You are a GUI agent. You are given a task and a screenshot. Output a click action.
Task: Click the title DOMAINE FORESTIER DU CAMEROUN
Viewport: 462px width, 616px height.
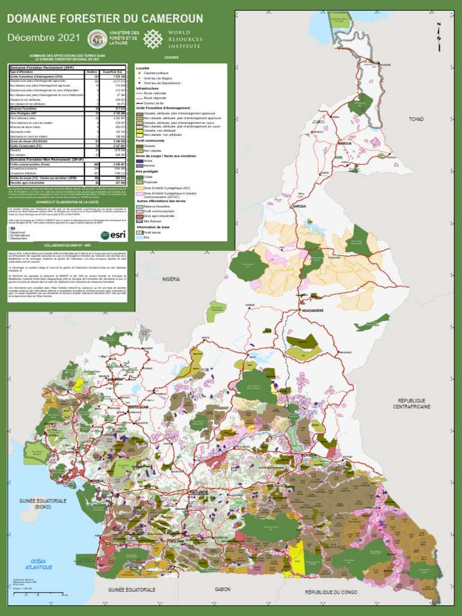coord(105,19)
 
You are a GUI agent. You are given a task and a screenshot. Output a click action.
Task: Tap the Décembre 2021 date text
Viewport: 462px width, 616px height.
coord(43,38)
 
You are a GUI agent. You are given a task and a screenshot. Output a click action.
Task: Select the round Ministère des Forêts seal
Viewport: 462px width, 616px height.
coord(97,39)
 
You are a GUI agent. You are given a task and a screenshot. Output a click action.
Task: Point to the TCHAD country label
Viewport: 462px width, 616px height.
coord(416,119)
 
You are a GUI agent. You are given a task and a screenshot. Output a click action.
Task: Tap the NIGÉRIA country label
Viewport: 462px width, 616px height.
coord(171,279)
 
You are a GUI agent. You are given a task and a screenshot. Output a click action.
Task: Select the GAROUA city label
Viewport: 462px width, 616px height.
coord(299,206)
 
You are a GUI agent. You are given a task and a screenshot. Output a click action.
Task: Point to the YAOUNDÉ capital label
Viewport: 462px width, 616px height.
coord(199,492)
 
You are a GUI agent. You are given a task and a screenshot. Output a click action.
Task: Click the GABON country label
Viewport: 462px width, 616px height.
coord(223,590)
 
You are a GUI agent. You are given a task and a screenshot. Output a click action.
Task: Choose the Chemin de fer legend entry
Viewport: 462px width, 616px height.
coord(154,103)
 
